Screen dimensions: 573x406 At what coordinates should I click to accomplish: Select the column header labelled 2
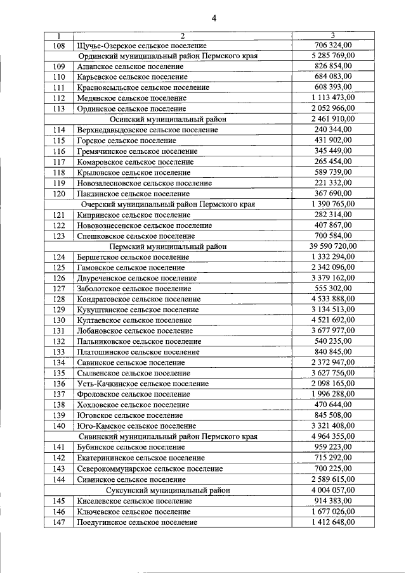(182, 35)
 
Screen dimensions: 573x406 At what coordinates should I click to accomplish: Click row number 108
(59, 46)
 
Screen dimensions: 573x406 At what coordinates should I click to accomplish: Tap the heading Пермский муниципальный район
(168, 246)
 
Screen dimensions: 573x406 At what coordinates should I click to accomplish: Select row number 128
(59, 299)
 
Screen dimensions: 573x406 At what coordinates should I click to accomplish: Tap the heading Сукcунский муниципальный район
(168, 490)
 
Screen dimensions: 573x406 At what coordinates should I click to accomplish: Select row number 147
(59, 522)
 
